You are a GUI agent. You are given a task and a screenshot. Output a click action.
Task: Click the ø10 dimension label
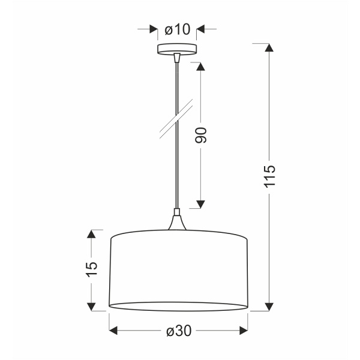177,29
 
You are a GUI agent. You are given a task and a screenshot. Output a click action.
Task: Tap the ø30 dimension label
178,331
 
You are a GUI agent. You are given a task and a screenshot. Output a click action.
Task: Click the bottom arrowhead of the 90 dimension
201,203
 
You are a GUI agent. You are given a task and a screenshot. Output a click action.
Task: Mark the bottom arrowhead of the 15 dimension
92,305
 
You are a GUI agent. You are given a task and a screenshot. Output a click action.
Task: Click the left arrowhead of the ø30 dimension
115,331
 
